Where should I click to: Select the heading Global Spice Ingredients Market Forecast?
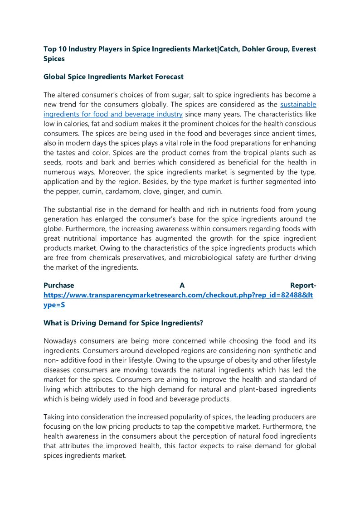coord(113,77)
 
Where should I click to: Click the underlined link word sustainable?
coord(298,105)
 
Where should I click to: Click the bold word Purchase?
coord(59,286)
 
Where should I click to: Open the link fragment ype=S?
coord(54,305)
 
